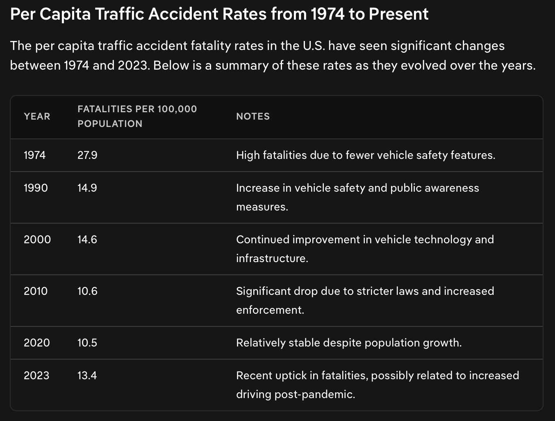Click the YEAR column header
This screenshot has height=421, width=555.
(x=37, y=116)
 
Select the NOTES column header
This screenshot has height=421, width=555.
(x=253, y=116)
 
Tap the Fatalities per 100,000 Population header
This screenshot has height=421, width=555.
(x=137, y=116)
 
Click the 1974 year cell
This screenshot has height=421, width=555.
(x=35, y=155)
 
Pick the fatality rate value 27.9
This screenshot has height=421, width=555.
(x=87, y=155)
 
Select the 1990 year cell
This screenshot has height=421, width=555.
(x=36, y=188)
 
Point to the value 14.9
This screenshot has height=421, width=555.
(x=87, y=188)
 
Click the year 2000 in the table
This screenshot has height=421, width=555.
(x=37, y=240)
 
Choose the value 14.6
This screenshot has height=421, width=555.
(x=87, y=240)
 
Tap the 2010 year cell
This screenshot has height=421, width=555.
(x=36, y=291)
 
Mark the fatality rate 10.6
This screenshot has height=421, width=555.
(x=87, y=291)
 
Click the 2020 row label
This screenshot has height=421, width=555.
(x=37, y=343)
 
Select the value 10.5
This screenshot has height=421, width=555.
(x=87, y=343)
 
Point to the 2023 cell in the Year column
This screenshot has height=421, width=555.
(x=36, y=376)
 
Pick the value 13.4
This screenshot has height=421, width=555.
(x=87, y=376)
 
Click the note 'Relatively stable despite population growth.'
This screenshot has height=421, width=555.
(x=349, y=343)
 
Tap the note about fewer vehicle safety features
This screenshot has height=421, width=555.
(x=366, y=155)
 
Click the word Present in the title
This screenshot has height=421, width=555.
(x=398, y=14)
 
